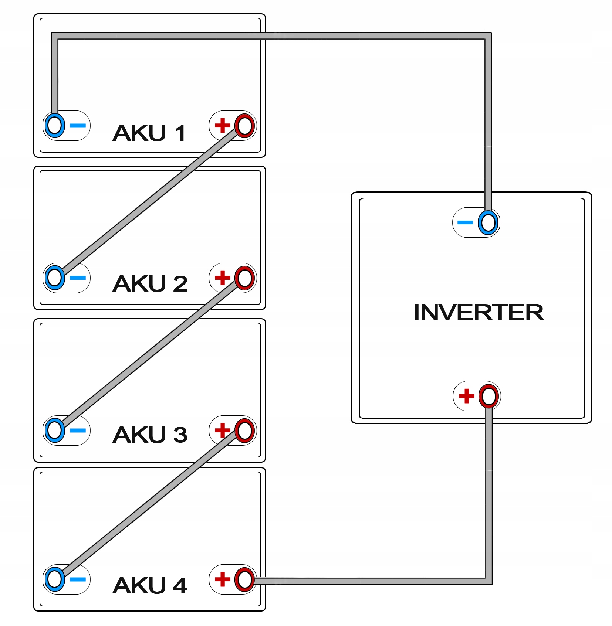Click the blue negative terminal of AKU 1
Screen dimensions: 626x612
[x=55, y=126]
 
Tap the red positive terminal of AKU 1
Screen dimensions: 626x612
[x=244, y=126]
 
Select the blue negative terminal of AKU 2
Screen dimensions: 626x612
[x=55, y=278]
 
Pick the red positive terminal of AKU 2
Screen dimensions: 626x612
[x=244, y=278]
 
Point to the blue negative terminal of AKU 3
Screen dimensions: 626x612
[x=55, y=431]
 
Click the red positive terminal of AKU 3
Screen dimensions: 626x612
[x=244, y=431]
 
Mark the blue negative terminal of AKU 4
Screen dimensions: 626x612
[x=55, y=579]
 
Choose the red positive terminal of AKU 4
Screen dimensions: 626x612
[x=244, y=580]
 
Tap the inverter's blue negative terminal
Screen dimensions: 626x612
[x=488, y=223]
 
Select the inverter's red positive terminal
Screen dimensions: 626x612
[x=488, y=397]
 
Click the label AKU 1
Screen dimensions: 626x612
[x=149, y=133]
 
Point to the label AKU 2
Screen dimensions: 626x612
[x=150, y=284]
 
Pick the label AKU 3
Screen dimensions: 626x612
[x=150, y=435]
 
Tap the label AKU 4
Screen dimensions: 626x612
[x=150, y=585]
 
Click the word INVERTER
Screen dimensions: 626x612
[x=479, y=313]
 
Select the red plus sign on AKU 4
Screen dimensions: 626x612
[x=223, y=579]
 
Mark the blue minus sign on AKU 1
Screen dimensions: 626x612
[x=78, y=126]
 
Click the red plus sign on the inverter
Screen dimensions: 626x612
[x=466, y=396]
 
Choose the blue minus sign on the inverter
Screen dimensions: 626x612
[x=465, y=222]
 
